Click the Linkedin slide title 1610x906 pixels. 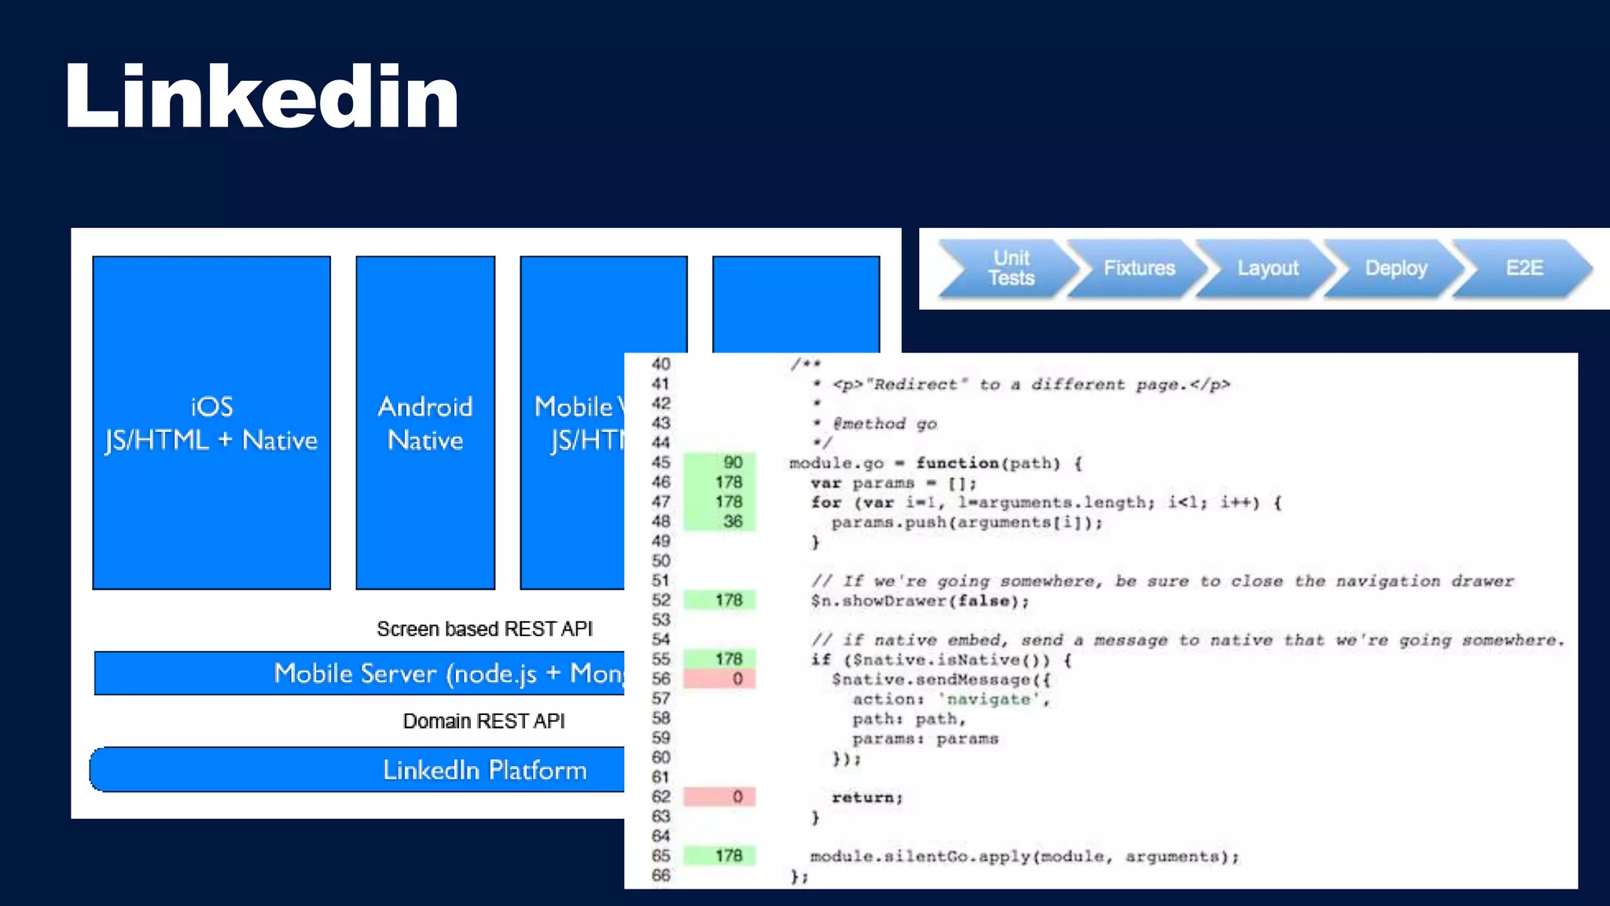262,97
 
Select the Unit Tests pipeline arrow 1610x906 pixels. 1010,268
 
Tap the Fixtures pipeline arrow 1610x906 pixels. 1139,268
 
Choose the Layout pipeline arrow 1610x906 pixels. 1267,268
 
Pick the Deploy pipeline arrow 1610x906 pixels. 1395,268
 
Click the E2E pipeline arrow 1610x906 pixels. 1524,268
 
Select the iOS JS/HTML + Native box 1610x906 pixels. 211,423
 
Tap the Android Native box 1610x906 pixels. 425,423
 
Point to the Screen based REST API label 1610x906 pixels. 484,629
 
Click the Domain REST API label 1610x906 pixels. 483,721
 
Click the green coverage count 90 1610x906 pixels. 732,462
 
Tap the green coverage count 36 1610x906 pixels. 732,521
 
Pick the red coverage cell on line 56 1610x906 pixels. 720,679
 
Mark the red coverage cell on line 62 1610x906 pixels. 720,797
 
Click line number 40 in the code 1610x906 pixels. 660,364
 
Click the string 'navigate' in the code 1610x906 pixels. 987,699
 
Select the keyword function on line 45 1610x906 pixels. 957,463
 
